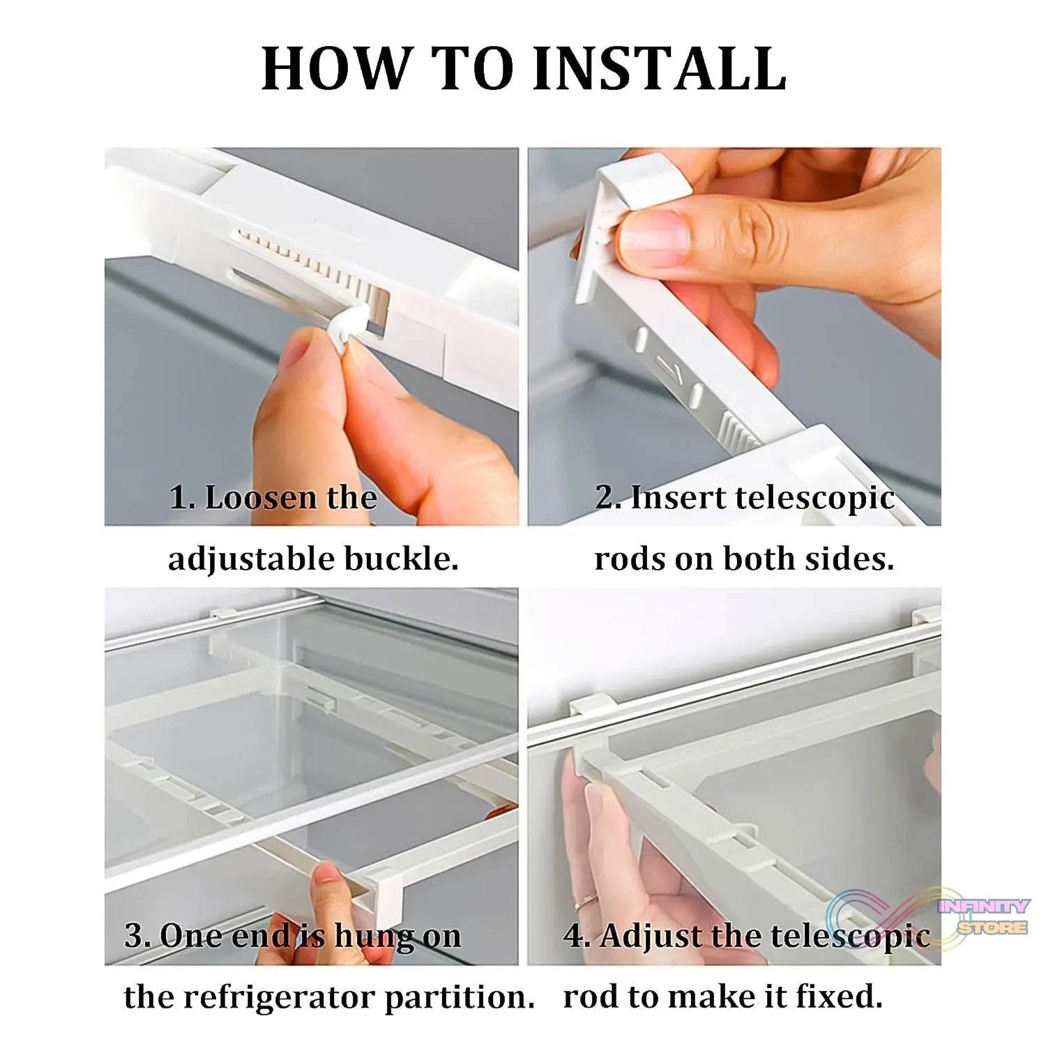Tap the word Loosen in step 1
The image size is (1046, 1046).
(259, 498)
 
